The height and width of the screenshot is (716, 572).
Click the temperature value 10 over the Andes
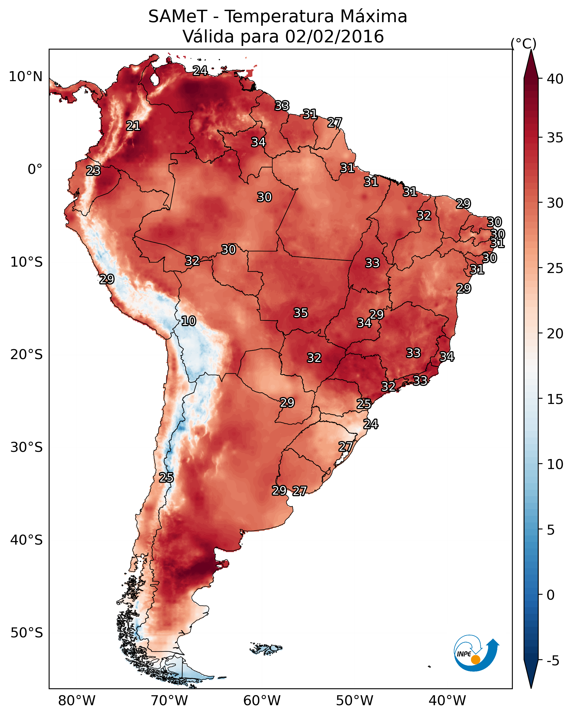click(x=188, y=321)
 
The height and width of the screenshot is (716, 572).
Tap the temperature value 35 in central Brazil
click(x=301, y=313)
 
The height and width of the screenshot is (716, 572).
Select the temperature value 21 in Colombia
click(x=133, y=125)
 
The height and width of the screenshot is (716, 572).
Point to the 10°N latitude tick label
click(x=25, y=77)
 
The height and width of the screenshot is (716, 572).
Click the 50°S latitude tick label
click(x=27, y=633)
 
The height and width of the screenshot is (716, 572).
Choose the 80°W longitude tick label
click(x=77, y=700)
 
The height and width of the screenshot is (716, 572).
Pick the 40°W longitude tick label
click(x=447, y=700)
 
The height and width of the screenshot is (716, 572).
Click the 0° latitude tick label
click(x=35, y=169)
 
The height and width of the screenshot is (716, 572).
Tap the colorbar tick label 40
click(x=555, y=79)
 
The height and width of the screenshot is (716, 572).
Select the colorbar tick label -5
click(x=553, y=661)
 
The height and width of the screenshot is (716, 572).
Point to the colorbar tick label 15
click(x=555, y=399)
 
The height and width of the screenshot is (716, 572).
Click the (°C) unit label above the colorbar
click(x=523, y=43)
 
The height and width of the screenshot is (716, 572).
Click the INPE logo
click(x=475, y=654)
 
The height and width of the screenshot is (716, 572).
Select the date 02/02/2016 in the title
click(x=334, y=37)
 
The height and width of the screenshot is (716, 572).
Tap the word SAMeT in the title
click(x=178, y=17)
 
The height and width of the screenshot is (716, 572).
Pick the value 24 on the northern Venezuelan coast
click(x=200, y=70)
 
